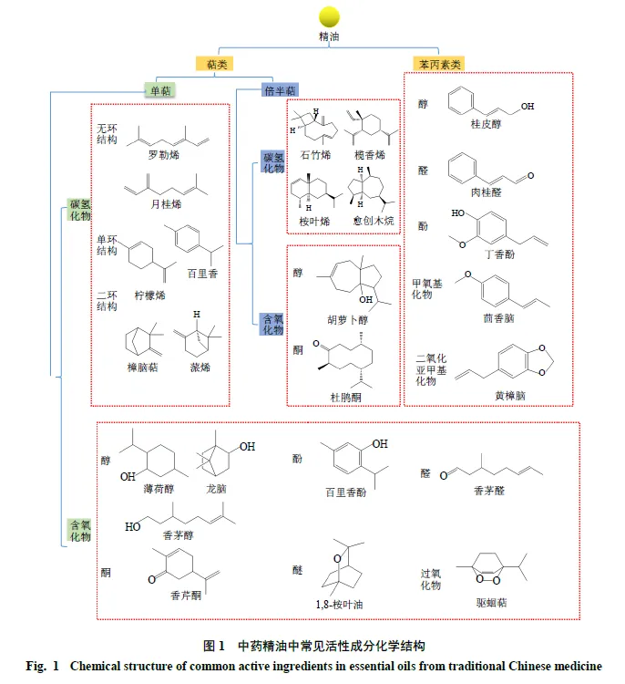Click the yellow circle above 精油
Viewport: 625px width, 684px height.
[329, 17]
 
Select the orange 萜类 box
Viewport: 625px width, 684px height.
[214, 64]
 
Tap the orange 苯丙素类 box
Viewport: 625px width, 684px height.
[439, 64]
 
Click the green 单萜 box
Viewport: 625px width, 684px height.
[160, 90]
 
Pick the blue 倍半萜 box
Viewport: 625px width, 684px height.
[280, 90]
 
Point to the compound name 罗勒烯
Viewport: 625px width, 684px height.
[164, 155]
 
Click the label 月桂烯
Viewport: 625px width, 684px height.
[166, 203]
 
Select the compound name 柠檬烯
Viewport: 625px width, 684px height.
[150, 295]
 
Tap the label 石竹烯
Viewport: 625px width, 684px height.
[315, 155]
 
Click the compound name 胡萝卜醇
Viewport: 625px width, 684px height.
[348, 320]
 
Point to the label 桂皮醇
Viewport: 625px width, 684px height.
[486, 124]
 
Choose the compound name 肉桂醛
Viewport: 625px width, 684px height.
[486, 192]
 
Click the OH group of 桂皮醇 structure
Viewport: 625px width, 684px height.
[528, 106]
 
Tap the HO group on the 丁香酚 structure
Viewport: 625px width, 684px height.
[457, 212]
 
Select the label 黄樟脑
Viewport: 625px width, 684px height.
[510, 396]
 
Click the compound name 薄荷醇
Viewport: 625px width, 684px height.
[159, 489]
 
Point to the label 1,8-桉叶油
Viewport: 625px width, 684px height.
[340, 604]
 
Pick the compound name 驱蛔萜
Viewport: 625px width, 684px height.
[492, 603]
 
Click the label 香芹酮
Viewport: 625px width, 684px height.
[186, 596]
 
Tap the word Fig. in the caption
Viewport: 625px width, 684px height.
[36, 666]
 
